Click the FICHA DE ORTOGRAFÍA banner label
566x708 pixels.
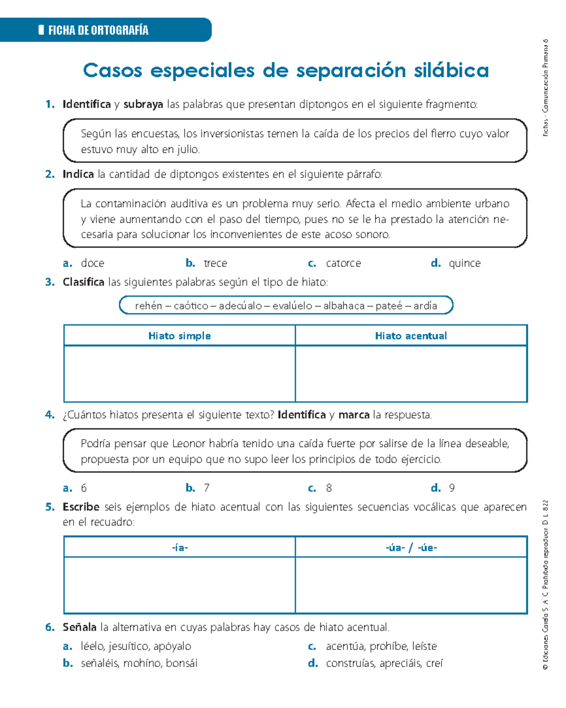pyautogui.click(x=98, y=31)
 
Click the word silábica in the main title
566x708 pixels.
pyautogui.click(x=451, y=71)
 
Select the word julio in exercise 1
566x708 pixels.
pyautogui.click(x=188, y=150)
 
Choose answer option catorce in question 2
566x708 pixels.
pyautogui.click(x=343, y=263)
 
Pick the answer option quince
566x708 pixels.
pyautogui.click(x=465, y=263)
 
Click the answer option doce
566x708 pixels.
pyautogui.click(x=92, y=263)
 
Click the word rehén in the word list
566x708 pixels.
pyautogui.click(x=148, y=306)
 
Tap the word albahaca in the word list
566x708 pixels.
pyautogui.click(x=344, y=306)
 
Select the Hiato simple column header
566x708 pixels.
pyautogui.click(x=179, y=336)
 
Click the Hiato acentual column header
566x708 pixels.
pyautogui.click(x=411, y=336)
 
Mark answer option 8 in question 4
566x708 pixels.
pyautogui.click(x=329, y=488)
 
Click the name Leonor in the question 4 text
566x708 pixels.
pyautogui.click(x=189, y=444)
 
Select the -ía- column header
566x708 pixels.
pyautogui.click(x=180, y=548)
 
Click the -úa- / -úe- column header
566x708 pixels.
pyautogui.click(x=411, y=548)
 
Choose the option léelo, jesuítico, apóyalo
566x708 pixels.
pyautogui.click(x=136, y=646)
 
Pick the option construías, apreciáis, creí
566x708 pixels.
pyautogui.click(x=384, y=663)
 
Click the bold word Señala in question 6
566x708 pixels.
pyautogui.click(x=79, y=627)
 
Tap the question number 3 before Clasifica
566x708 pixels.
pyautogui.click(x=50, y=282)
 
